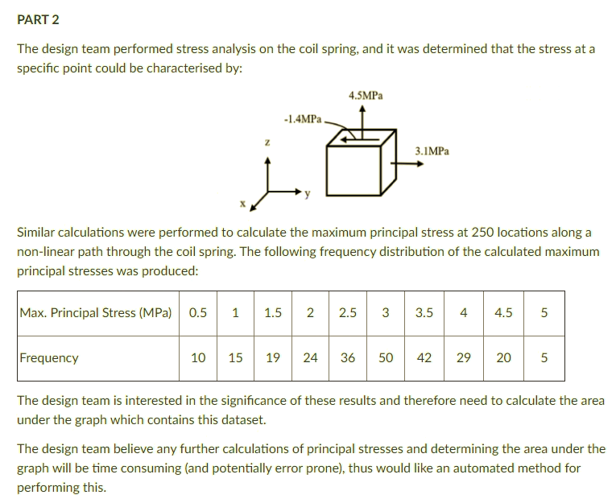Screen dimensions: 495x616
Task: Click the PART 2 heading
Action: coord(38,19)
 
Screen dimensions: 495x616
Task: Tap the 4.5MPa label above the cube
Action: coord(366,96)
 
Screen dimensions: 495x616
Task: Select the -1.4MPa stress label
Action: coord(303,119)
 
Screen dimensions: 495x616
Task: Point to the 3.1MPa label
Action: coord(432,151)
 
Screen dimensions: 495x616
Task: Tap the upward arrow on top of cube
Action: coord(368,117)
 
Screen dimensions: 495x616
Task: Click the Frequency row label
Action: coord(49,357)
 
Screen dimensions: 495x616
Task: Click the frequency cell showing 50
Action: coord(386,357)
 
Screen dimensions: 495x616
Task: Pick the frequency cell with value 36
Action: coord(348,357)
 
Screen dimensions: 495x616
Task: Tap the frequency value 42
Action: coord(424,357)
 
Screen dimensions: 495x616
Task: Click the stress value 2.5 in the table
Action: coord(348,312)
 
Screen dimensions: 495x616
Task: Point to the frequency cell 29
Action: coord(464,357)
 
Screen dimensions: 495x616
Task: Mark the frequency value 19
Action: coord(272,357)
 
